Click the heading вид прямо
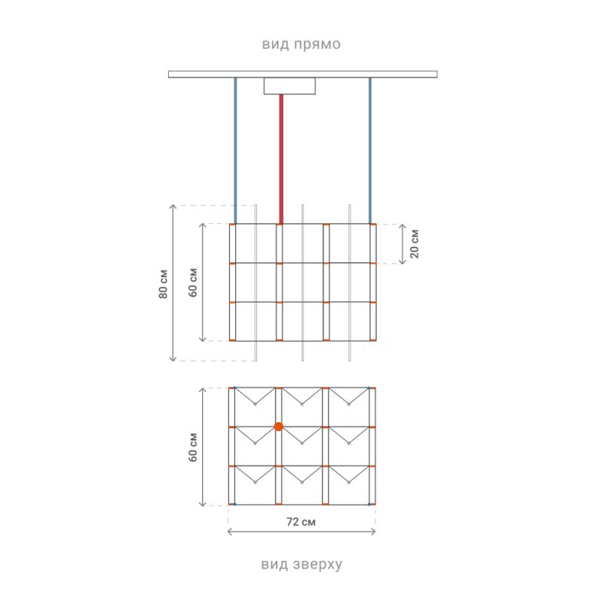[x=301, y=44]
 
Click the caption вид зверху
[x=301, y=564]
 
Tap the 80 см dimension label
[x=163, y=284]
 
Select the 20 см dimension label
[x=414, y=243]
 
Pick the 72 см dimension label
[x=301, y=522]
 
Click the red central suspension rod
[x=281, y=159]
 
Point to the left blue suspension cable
[x=235, y=150]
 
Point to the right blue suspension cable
[x=370, y=150]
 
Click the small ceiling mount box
[x=289, y=86]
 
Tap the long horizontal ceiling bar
[x=303, y=74]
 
